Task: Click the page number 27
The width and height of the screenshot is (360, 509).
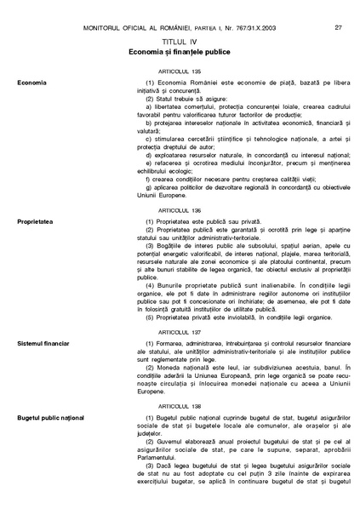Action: click(339, 27)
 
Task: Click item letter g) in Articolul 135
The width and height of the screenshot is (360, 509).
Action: click(149, 186)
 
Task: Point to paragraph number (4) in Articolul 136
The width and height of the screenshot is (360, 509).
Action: click(151, 283)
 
